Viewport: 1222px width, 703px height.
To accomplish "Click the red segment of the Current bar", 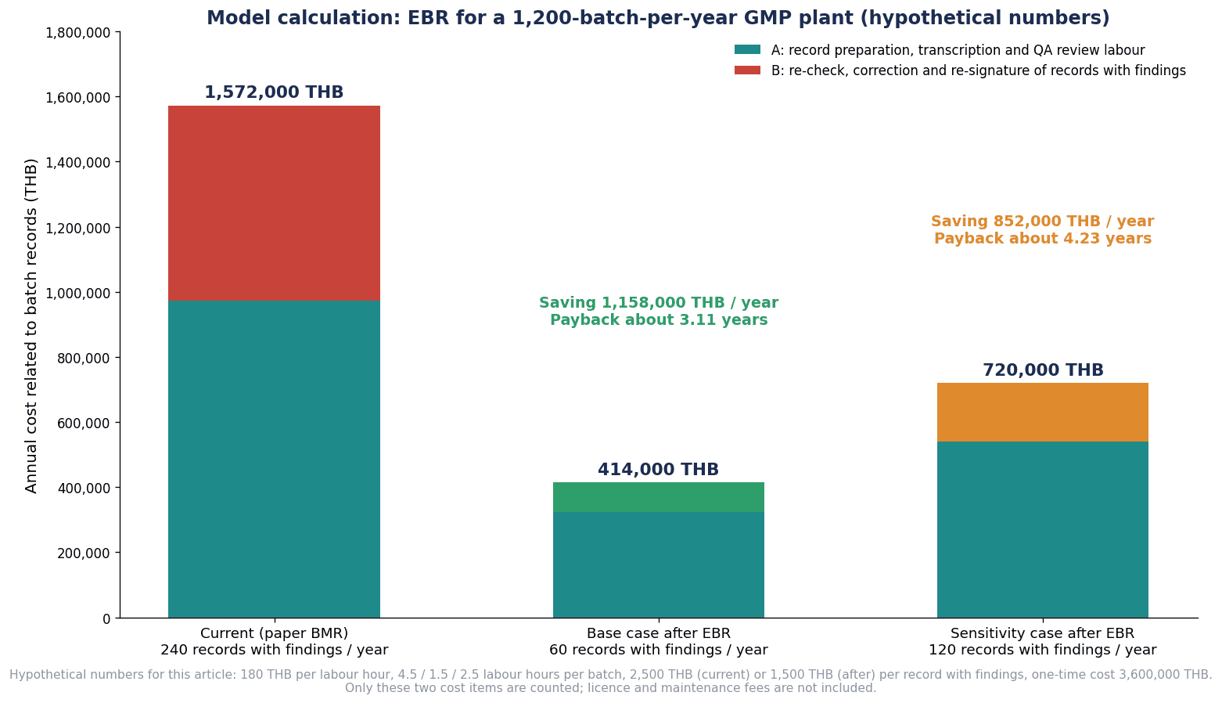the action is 274,203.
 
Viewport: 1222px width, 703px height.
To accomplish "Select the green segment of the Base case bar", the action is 659,497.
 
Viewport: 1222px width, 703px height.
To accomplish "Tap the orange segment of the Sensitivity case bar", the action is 1043,412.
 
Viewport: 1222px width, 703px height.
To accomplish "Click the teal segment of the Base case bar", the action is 659,565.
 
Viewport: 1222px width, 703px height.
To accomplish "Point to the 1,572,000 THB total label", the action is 274,92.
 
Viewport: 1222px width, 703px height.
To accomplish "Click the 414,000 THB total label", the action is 659,470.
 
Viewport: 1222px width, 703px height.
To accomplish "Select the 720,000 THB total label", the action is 1043,370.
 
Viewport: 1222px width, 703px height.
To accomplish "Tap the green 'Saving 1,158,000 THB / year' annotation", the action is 659,302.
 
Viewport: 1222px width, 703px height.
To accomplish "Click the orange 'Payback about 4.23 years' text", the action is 1043,239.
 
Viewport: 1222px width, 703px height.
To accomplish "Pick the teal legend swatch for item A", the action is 747,49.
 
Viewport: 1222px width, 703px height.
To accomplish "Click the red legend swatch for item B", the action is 747,70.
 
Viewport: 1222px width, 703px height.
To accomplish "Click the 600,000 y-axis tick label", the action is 84,423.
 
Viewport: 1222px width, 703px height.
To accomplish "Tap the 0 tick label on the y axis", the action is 106,619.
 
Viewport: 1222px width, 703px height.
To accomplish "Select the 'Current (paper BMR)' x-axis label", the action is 274,633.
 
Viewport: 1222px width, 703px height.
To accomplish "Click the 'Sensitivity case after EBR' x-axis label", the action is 1043,633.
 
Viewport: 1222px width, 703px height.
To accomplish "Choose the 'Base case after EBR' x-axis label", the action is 659,633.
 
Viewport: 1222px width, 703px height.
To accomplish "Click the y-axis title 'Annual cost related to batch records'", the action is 31,326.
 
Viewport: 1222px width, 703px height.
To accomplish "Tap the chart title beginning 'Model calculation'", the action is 659,18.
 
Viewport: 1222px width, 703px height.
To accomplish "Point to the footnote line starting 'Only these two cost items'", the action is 610,687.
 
